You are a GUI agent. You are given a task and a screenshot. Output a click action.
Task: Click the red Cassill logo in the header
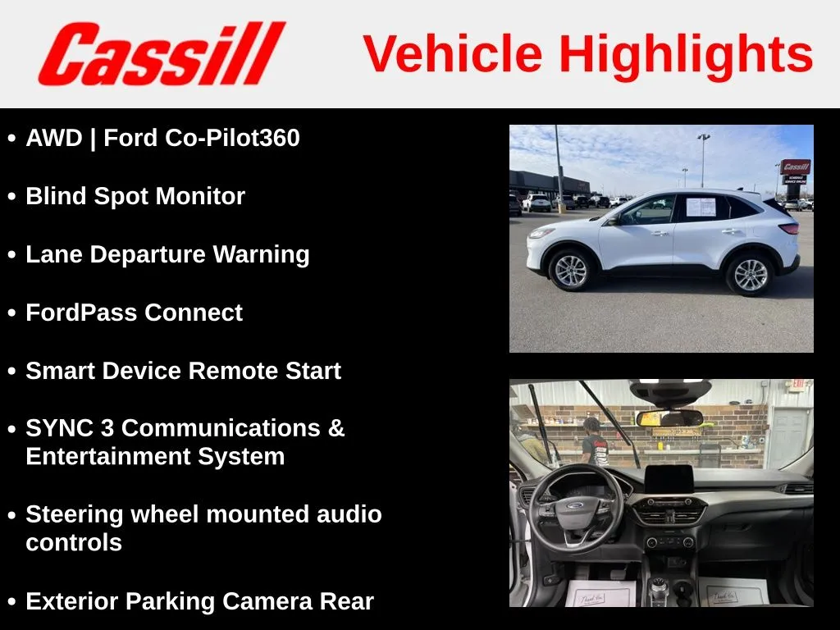pyautogui.click(x=162, y=53)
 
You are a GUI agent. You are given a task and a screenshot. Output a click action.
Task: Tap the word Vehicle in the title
pyautogui.click(x=453, y=53)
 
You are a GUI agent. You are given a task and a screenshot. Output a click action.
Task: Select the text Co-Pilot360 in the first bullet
pyautogui.click(x=232, y=138)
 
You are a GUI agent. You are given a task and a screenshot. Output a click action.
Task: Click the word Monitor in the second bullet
pyautogui.click(x=200, y=196)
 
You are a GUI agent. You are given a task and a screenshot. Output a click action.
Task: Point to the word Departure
pyautogui.click(x=148, y=255)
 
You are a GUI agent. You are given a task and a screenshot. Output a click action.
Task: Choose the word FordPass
pyautogui.click(x=81, y=313)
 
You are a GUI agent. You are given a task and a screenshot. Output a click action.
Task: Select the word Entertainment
pyautogui.click(x=108, y=456)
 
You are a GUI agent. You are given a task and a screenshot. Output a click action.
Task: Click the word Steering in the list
pyautogui.click(x=75, y=515)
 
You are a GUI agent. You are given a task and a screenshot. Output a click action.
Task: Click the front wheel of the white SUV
pyautogui.click(x=570, y=270)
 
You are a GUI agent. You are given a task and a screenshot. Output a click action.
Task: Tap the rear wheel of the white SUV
pyautogui.click(x=750, y=274)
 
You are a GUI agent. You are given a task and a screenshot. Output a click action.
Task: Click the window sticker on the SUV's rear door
pyautogui.click(x=701, y=206)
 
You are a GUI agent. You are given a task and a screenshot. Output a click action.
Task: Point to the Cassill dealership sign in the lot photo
pyautogui.click(x=795, y=172)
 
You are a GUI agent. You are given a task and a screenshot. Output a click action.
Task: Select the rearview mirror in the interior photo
pyautogui.click(x=669, y=418)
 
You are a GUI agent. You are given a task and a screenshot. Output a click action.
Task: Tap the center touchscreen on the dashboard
pyautogui.click(x=669, y=480)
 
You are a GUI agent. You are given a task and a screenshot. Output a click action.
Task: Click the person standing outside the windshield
pyautogui.click(x=594, y=441)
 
